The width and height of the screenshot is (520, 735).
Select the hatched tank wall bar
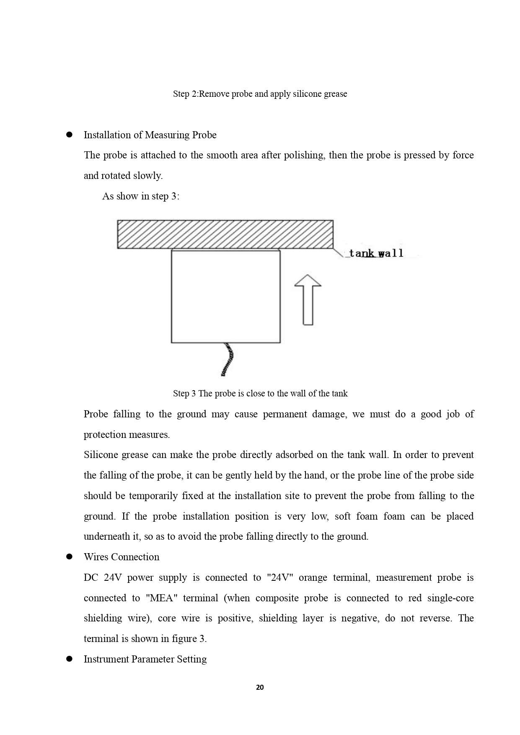[x=225, y=234]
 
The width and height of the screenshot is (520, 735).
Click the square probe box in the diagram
[x=225, y=296]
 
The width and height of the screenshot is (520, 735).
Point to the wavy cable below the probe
[x=228, y=359]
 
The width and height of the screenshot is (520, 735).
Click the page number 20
[x=260, y=687]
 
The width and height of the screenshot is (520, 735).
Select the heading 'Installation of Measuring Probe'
[x=150, y=135]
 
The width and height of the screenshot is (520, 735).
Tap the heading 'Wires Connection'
[x=122, y=557]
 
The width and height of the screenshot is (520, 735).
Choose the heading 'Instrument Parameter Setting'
[x=145, y=659]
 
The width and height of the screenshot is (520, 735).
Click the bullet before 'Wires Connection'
[x=70, y=557]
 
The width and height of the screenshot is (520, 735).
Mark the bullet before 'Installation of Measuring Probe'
[x=70, y=135]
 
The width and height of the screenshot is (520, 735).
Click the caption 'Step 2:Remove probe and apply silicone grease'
[x=260, y=94]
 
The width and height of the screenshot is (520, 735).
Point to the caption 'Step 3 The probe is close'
[x=260, y=393]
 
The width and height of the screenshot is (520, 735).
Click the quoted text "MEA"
[x=161, y=598]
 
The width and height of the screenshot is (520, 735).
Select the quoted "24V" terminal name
[x=280, y=577]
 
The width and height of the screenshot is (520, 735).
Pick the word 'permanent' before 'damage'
[x=284, y=414]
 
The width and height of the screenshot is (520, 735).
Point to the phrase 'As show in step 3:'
[x=141, y=196]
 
